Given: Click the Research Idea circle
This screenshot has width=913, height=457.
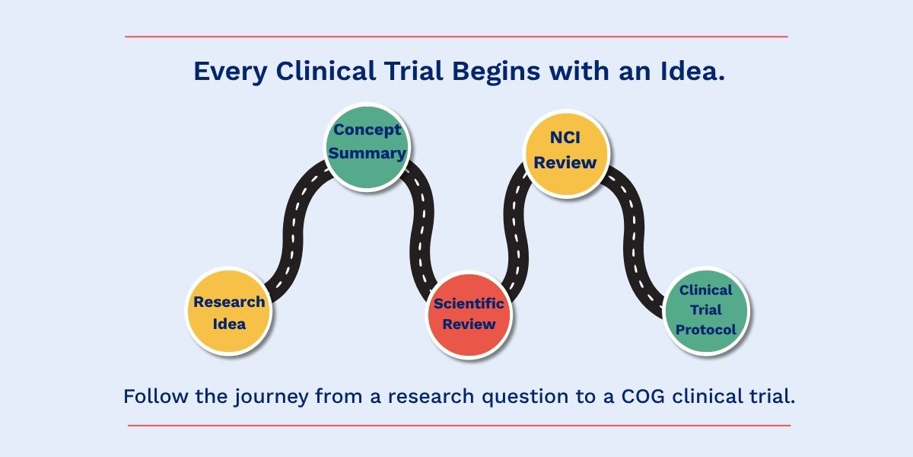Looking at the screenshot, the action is coord(229,311).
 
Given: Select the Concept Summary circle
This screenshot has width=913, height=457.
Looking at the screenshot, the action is coord(367,147).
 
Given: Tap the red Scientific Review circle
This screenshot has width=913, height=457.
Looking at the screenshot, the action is coord(469,315).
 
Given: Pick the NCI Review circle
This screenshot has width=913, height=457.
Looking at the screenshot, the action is coord(566,154).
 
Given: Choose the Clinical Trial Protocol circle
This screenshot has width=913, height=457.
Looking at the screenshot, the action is coord(706,311).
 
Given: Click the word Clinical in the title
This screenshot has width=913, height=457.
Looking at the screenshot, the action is coord(326,71).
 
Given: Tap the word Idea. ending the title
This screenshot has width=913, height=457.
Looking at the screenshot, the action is coord(692,71).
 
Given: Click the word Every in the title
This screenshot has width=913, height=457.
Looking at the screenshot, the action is coord(231,72).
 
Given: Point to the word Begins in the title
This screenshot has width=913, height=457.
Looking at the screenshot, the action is coord(496,72).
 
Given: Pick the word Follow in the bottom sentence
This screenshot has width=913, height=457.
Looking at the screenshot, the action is coord(156,396).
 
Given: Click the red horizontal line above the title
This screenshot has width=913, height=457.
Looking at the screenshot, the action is coord(456,37).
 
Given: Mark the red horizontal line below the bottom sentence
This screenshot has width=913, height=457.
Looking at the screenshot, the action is coord(459,426).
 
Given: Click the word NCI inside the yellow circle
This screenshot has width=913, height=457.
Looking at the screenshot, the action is coord(565,138).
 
